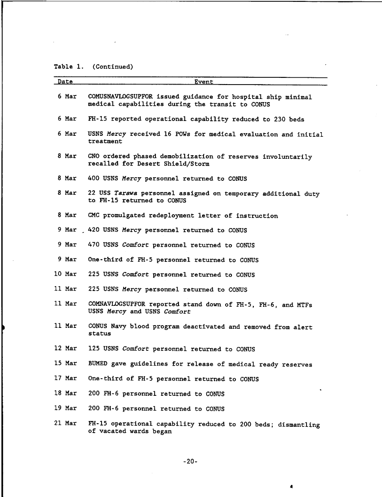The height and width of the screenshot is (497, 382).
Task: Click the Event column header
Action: coord(204,82)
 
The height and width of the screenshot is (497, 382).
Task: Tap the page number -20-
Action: coord(191,461)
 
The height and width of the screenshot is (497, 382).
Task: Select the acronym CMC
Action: coord(93,216)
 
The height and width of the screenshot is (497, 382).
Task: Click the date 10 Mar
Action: coord(65,274)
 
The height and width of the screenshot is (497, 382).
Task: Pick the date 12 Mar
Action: coord(65,349)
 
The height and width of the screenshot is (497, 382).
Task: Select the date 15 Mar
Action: coord(65,364)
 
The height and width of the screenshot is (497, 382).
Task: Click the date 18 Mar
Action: coord(65,394)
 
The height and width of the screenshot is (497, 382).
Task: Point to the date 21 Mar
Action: coord(65,423)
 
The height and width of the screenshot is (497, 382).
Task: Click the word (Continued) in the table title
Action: coord(113,67)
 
